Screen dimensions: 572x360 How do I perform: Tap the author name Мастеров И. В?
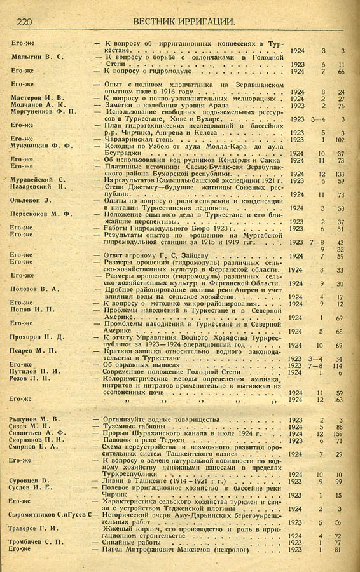tap(36, 99)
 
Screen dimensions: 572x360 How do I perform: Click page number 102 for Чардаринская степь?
tap(340, 140)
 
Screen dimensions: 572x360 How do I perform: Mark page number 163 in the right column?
tap(340, 400)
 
